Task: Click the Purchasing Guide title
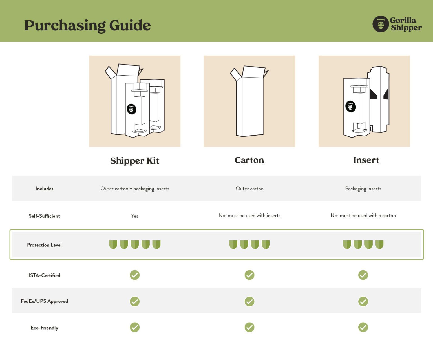pos(87,25)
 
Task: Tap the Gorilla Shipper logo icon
pos(381,24)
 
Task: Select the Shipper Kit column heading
pos(135,160)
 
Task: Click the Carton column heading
pos(249,160)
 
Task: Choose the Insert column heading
pos(366,160)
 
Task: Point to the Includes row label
pos(44,189)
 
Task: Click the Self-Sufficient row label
pos(44,216)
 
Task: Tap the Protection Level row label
pos(44,245)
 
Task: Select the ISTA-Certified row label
pos(44,275)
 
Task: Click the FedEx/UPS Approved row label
pos(44,301)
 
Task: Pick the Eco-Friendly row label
pos(44,328)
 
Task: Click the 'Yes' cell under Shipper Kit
pos(135,216)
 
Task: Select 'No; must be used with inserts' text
pos(249,215)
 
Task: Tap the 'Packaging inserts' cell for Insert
pos(363,189)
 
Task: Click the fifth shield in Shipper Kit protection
pos(156,244)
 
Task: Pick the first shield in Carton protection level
pos(233,244)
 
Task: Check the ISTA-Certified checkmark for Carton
pos(249,275)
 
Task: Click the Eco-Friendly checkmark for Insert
pos(363,327)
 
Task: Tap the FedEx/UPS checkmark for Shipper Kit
pos(135,301)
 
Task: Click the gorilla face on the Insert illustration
pos(351,107)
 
